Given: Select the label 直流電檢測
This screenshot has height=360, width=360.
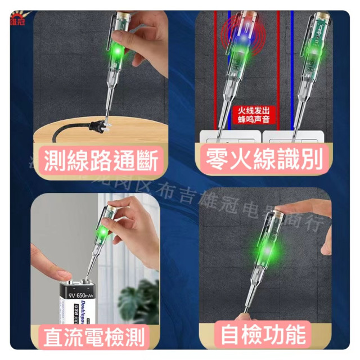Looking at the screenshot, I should coord(93,337).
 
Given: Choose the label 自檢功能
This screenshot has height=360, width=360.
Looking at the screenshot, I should coord(263,335).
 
